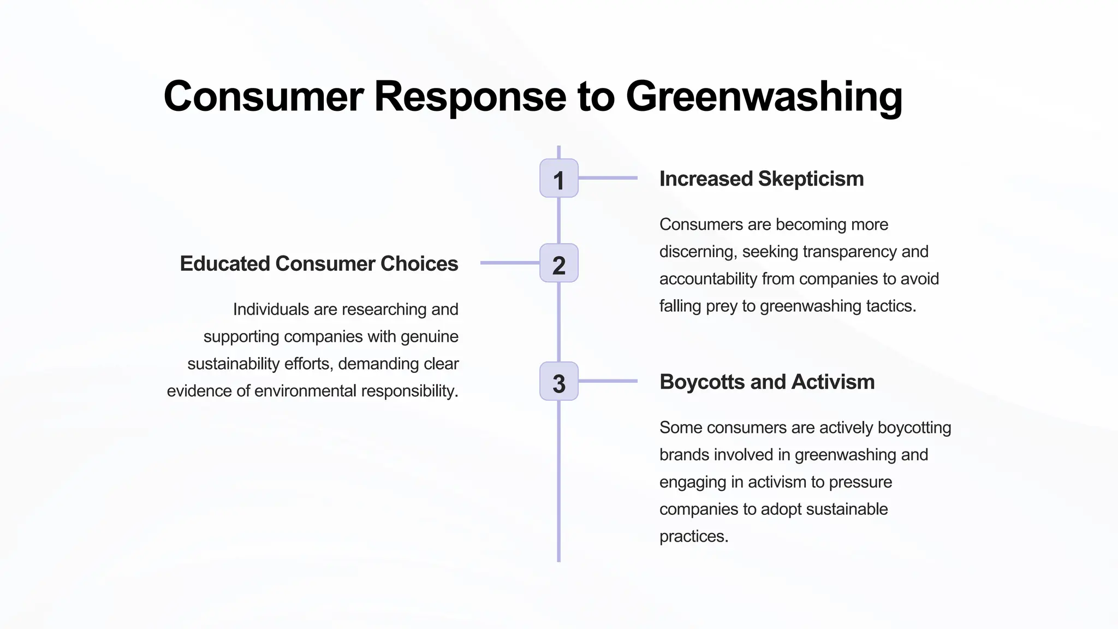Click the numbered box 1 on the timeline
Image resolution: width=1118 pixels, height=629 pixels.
[x=558, y=179]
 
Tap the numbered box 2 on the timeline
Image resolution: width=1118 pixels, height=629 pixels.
[x=558, y=263]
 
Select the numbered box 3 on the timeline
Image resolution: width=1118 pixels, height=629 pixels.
[x=558, y=381]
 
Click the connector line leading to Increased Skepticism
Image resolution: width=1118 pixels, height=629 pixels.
[x=608, y=178]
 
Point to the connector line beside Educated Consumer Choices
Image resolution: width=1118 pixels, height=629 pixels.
[x=510, y=263]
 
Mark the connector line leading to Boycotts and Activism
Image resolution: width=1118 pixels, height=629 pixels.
[x=608, y=381]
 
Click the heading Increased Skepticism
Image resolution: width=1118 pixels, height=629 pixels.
[x=761, y=179]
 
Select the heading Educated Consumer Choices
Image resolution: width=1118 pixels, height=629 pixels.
[x=319, y=264]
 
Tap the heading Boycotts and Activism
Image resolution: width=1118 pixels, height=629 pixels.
[x=766, y=382]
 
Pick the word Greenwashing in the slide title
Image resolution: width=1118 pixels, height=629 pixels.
[x=764, y=97]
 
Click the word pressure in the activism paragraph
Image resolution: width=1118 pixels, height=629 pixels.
[x=865, y=482]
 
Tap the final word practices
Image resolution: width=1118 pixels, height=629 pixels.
[x=694, y=537]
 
